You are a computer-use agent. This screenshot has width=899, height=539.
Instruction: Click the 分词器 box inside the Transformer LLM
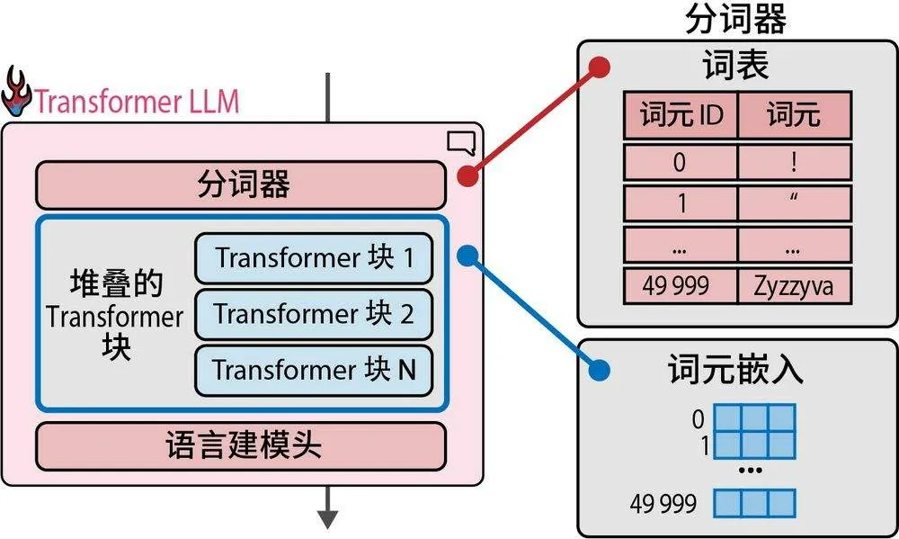click(240, 184)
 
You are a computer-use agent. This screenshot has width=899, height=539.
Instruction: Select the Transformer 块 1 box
click(314, 258)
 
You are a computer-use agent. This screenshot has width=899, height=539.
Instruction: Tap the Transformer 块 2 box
click(314, 314)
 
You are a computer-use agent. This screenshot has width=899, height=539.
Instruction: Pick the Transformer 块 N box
click(314, 370)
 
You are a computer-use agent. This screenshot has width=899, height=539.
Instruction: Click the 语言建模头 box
click(240, 445)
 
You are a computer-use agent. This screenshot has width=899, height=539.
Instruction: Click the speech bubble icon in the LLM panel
click(459, 142)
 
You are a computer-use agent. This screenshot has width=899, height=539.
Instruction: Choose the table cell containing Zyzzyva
click(793, 287)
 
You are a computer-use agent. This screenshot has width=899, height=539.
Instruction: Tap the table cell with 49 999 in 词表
click(681, 287)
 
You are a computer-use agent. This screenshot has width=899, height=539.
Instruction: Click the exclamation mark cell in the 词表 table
click(793, 162)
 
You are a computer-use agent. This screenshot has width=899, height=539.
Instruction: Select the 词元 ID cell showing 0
click(681, 162)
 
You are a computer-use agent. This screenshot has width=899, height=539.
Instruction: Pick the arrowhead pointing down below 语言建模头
click(327, 519)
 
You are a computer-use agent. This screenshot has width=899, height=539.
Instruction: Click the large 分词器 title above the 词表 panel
click(735, 18)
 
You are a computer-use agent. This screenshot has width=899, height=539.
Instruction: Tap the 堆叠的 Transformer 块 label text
click(115, 315)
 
